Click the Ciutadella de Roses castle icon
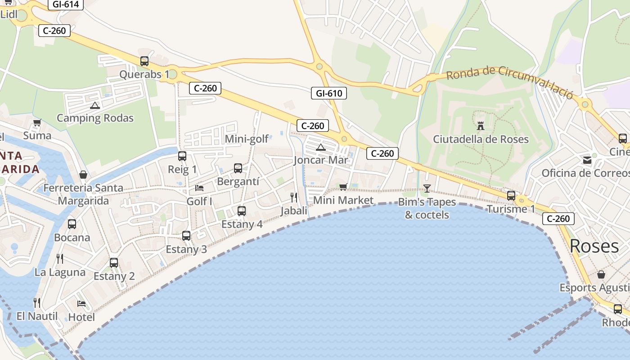coord(481,126)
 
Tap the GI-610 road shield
coord(329,94)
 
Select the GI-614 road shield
coord(66,4)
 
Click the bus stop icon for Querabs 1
coord(144,61)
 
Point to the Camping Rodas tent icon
coord(94,105)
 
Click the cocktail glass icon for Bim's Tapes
coord(427,188)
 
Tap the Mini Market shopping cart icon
coord(343,187)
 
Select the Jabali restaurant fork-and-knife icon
coord(294,197)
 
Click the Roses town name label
coord(594,246)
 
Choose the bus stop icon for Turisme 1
coord(511,196)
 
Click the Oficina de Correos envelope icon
coord(587,160)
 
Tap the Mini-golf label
coord(247,139)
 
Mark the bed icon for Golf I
coord(199,188)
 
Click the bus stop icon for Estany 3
coord(186,235)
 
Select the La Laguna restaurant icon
coord(60,259)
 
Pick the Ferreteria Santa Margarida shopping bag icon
coord(83,175)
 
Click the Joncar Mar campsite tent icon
coord(320,147)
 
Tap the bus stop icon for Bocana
coord(72,224)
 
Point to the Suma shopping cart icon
coord(37,122)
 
